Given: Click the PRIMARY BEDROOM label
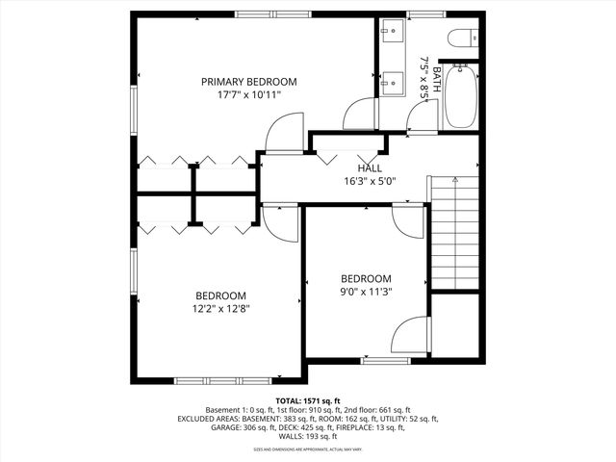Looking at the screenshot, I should [248, 82].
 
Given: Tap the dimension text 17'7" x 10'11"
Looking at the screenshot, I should [248, 96].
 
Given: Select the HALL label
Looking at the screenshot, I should [370, 167].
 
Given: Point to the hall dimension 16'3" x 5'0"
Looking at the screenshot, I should [370, 180].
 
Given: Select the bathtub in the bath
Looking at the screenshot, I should [461, 96].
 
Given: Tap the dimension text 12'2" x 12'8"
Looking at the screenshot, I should [221, 309].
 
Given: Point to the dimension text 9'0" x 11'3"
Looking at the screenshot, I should [367, 292].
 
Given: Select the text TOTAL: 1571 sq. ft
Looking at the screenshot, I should [308, 399].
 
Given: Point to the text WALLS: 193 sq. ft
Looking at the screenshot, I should [308, 437].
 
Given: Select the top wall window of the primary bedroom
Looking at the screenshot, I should [266, 13].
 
